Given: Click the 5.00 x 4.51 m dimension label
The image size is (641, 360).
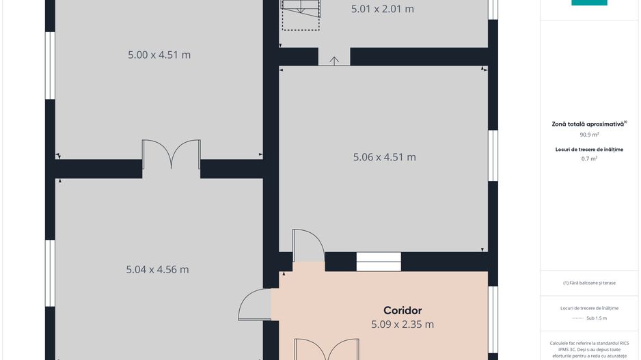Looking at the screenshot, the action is [x=159, y=55].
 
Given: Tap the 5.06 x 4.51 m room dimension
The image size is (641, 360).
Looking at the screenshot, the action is [x=384, y=157].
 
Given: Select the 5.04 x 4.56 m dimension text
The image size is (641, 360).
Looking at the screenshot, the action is [x=157, y=270].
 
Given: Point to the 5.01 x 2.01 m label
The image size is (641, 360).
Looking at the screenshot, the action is [x=382, y=9].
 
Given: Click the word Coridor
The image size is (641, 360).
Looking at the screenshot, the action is [x=403, y=311].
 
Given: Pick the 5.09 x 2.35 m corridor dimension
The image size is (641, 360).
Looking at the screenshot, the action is [x=403, y=324].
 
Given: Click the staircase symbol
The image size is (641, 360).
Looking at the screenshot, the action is [x=301, y=15].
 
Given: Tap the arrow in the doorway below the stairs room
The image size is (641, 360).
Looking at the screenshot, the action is [x=334, y=61].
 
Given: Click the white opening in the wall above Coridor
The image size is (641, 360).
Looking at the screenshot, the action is [x=379, y=262].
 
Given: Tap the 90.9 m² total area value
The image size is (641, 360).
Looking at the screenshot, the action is [x=589, y=135].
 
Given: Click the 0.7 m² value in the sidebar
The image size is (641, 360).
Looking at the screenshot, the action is [x=589, y=158].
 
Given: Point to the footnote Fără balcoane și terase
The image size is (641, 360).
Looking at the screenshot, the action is [x=589, y=283].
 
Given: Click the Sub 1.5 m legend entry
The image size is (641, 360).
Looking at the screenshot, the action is [x=597, y=318].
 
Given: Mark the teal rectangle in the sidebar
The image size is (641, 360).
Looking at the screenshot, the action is [x=589, y=3].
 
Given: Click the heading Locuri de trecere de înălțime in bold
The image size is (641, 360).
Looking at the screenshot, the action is [x=589, y=150].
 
